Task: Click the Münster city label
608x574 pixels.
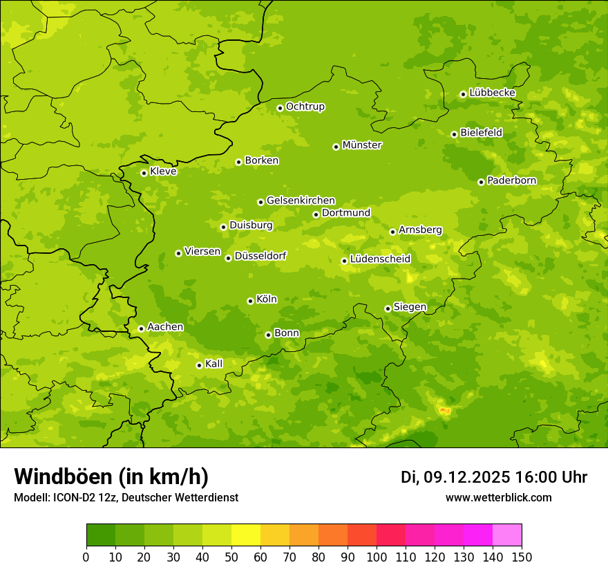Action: tap(362, 145)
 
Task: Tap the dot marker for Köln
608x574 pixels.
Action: tap(250, 301)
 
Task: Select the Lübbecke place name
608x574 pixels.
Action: tap(492, 93)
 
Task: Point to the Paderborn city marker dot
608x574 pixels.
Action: tap(481, 182)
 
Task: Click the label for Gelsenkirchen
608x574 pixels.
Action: tap(301, 201)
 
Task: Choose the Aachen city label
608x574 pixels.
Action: tap(165, 327)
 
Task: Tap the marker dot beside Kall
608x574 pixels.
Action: tap(199, 365)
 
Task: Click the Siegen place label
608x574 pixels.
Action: tap(410, 307)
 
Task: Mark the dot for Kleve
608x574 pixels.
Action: tap(144, 173)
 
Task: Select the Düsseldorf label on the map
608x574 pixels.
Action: tap(260, 256)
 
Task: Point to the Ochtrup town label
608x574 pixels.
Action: tap(305, 107)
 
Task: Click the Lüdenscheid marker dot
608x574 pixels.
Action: tap(344, 261)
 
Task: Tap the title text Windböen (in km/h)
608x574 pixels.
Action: tap(111, 476)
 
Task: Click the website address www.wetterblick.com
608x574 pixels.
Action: tap(498, 497)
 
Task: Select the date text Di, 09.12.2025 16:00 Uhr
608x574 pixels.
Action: tap(494, 477)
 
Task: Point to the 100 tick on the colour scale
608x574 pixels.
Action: tap(377, 557)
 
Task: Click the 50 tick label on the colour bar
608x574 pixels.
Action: tap(231, 557)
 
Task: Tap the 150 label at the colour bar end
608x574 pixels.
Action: tap(522, 557)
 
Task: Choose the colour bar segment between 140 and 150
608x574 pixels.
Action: tap(507, 535)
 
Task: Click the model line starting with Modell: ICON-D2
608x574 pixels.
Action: tap(126, 497)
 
